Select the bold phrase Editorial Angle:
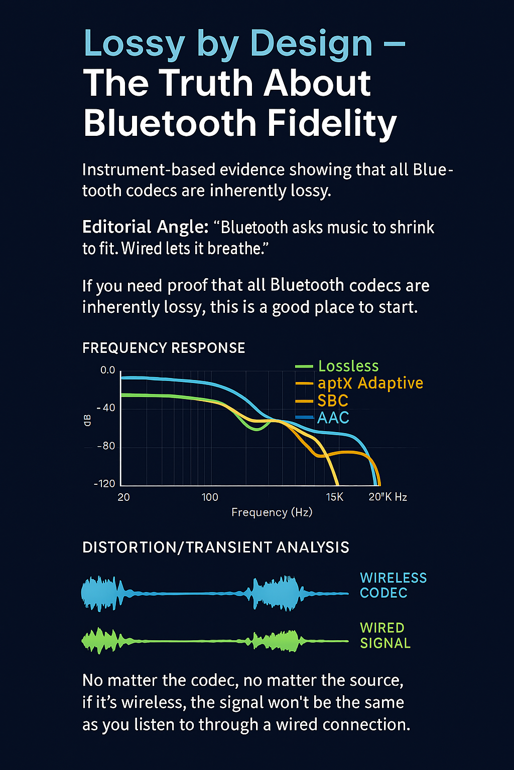(145, 227)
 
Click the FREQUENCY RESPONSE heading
(164, 348)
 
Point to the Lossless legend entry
(337, 366)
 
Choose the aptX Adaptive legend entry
(359, 383)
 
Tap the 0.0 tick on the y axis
(108, 370)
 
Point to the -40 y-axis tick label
(106, 408)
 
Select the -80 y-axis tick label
(106, 446)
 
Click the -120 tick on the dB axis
(105, 484)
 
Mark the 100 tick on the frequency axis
(210, 497)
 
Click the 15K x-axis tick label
(335, 497)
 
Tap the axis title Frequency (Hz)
(272, 512)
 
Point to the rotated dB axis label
(88, 421)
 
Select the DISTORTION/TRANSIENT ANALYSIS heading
(216, 547)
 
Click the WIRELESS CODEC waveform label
(393, 586)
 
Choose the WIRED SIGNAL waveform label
(385, 635)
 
